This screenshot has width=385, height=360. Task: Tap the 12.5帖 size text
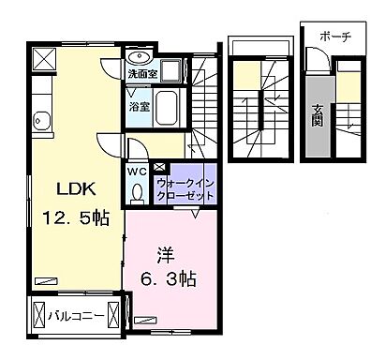pyautogui.click(x=75, y=219)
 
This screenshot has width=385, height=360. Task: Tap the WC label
pyautogui.click(x=137, y=172)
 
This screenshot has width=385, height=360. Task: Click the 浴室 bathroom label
pyautogui.click(x=139, y=106)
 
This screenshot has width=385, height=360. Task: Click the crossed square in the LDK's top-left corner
pyautogui.click(x=43, y=59)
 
